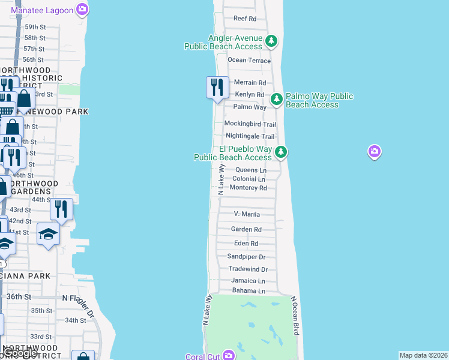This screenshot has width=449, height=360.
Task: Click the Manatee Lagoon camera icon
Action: [x=82, y=9]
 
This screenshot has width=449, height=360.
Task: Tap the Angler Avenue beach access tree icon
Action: [x=272, y=41]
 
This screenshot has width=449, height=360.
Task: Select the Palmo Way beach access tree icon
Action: [x=276, y=100]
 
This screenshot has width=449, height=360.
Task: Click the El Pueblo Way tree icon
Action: [x=280, y=152]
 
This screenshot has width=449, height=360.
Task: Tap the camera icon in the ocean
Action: [x=375, y=152]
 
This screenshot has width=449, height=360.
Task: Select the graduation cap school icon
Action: [x=47, y=233]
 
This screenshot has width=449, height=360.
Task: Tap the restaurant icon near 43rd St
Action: [x=61, y=208]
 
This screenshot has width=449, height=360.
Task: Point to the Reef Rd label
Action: [x=244, y=19]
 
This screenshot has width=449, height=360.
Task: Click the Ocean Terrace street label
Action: [x=249, y=60]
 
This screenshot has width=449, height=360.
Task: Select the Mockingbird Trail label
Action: [x=250, y=124]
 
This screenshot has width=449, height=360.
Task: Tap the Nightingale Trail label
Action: [x=250, y=136]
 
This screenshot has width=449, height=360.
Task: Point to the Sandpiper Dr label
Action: [x=246, y=256]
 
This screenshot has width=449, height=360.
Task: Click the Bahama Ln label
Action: [x=249, y=290]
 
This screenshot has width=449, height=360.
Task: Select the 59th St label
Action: [x=35, y=27]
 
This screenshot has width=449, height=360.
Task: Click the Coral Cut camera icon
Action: [x=228, y=355]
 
